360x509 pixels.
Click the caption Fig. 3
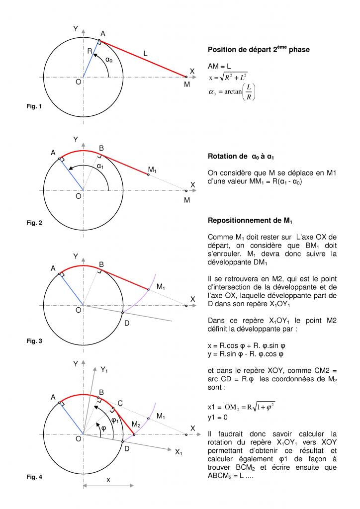(x=34, y=341)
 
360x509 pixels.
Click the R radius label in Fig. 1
(x=90, y=51)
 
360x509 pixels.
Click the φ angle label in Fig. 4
(x=103, y=428)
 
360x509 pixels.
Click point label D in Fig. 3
(x=127, y=324)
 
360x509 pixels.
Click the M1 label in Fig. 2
(x=152, y=171)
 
